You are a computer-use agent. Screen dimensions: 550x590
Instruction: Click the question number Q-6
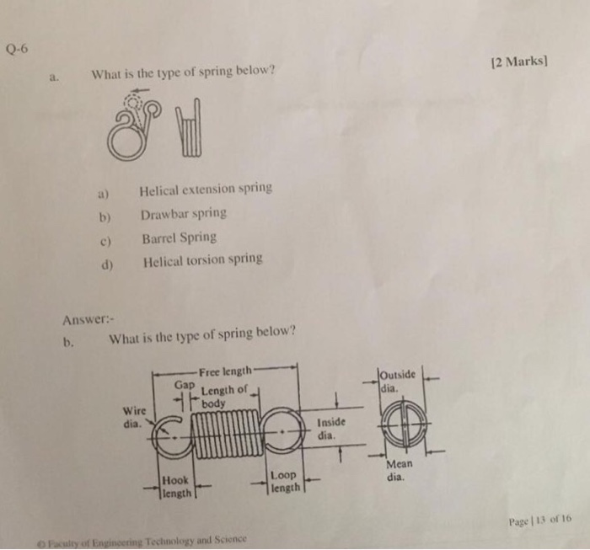17,48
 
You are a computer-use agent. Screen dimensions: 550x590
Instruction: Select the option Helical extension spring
206,189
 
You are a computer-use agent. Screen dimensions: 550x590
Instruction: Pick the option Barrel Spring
179,238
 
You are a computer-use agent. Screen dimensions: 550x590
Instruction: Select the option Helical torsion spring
202,261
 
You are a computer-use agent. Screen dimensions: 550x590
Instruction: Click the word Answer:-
88,319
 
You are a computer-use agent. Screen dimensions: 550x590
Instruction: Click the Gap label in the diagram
185,384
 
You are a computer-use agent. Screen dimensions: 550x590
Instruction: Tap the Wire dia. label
135,416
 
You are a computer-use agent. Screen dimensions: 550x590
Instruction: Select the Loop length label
283,482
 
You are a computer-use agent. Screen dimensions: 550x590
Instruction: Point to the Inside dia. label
330,429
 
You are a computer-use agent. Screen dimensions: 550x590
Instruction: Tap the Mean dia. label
399,471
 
